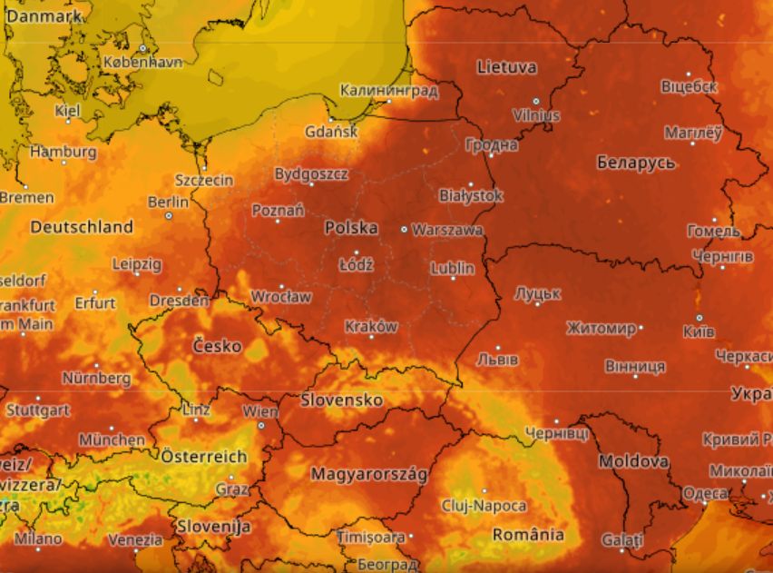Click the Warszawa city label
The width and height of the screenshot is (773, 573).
[447, 230]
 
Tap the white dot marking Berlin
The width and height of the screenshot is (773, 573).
[169, 216]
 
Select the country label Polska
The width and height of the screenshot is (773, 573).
[351, 228]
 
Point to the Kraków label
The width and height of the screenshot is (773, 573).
[371, 326]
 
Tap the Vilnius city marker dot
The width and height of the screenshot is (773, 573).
[536, 102]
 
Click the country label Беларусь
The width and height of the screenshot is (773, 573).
[636, 163]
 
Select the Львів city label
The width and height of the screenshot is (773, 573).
[499, 357]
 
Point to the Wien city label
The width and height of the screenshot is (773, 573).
[260, 411]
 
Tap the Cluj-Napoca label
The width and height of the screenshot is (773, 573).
[484, 505]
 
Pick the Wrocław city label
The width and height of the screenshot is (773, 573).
[281, 296]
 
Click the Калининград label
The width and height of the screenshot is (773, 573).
[389, 91]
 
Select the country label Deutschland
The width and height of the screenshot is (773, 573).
[82, 227]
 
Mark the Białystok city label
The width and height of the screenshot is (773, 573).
[470, 195]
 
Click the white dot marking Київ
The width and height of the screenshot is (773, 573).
[699, 318]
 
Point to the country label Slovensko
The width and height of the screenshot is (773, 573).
[342, 400]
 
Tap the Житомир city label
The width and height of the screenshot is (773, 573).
[601, 328]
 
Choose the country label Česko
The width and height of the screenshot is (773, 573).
[218, 346]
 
